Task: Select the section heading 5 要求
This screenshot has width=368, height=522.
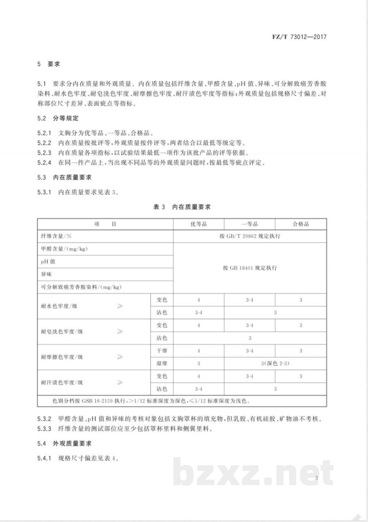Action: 48,64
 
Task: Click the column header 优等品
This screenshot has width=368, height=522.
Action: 198,224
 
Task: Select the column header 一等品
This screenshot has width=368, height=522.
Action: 250,224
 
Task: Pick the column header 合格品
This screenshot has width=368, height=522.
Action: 301,224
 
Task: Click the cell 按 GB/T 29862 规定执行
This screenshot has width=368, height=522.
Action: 250,236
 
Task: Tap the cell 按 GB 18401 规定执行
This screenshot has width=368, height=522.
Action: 250,267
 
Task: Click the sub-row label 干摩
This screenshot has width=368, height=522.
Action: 161,351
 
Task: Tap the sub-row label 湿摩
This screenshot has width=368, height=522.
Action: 161,364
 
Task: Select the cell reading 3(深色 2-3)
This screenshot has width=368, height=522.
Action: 275,364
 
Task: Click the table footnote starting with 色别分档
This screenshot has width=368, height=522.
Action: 152,400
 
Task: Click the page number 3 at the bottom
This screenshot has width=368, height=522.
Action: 317,479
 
